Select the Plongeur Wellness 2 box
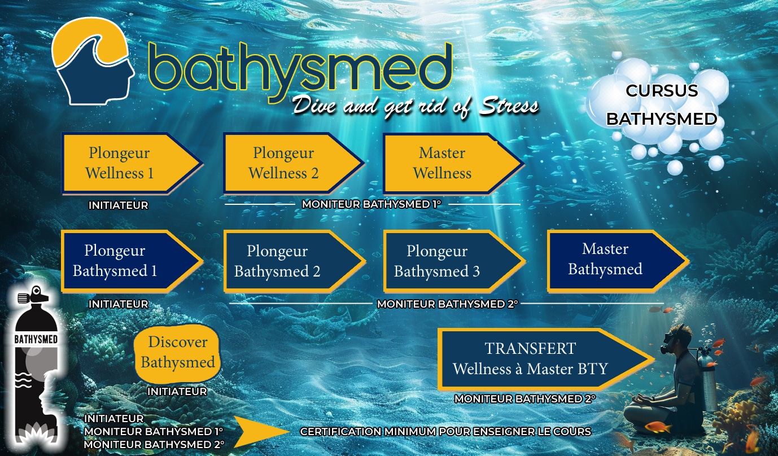[288, 163]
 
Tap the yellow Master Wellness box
[446, 163]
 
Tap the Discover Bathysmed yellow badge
[178, 353]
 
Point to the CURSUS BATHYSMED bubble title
[662, 105]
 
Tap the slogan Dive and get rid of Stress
[414, 105]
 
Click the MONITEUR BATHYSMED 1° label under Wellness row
[371, 204]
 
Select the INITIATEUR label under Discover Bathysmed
[177, 391]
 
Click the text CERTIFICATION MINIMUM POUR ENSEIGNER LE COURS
[445, 432]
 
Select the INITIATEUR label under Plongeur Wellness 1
[118, 205]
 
